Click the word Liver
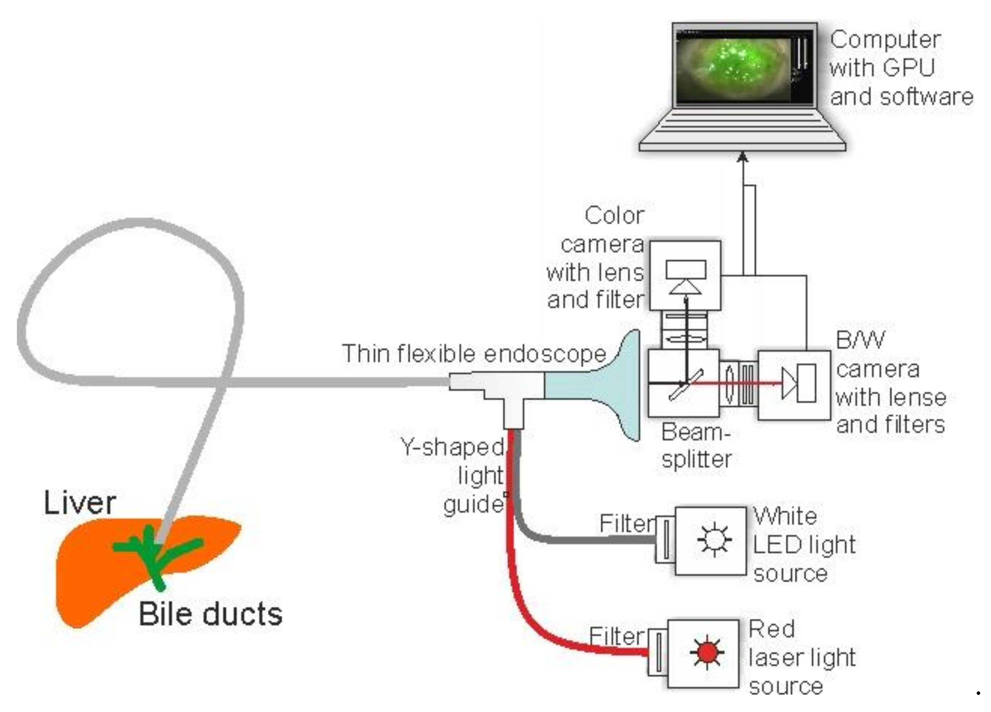pos(80,503)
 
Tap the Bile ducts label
pos(210,614)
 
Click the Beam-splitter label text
pos(696,446)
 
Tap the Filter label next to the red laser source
pos(616,636)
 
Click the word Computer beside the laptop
pos(885,40)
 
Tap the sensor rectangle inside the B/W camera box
pos(806,383)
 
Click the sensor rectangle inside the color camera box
pos(686,269)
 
